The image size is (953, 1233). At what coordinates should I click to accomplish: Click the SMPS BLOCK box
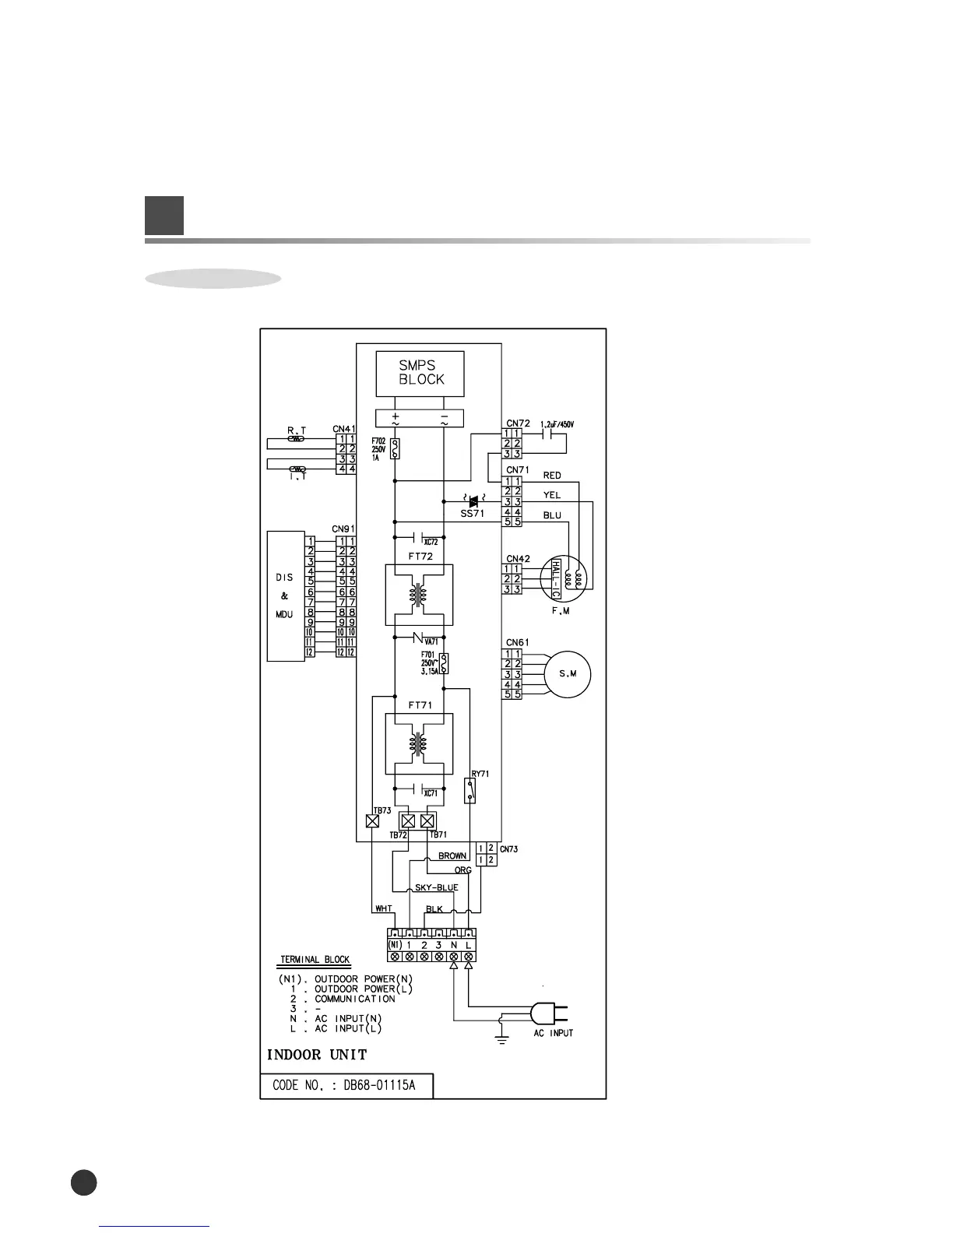420,373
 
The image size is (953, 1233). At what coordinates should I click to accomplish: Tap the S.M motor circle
568,674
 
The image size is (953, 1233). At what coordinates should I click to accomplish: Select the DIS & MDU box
285,596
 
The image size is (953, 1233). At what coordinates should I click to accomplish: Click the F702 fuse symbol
395,448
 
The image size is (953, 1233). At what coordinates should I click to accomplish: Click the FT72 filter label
420,557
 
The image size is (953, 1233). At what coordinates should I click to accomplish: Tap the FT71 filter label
420,705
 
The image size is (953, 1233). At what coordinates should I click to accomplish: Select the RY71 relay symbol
470,791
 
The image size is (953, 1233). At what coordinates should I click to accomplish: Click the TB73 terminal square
373,821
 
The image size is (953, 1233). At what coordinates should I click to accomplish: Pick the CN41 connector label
344,429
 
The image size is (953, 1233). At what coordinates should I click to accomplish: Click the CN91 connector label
343,529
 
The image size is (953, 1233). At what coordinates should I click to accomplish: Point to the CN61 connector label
517,642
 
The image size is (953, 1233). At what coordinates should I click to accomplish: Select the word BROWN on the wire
452,855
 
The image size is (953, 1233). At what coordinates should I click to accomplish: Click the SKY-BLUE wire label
437,887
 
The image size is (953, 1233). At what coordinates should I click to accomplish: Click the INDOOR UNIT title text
317,1055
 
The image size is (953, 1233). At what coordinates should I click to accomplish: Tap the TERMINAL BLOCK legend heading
315,960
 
